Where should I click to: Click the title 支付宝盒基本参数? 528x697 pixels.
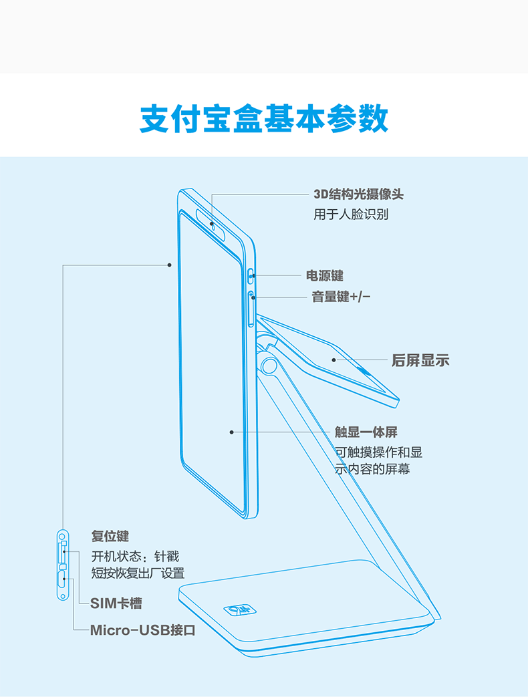coord(264,120)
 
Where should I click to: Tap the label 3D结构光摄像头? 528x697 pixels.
coord(359,194)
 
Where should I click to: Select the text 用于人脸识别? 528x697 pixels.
coord(351,215)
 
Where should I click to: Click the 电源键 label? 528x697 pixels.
coord(325,275)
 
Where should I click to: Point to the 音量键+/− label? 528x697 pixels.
coord(341,297)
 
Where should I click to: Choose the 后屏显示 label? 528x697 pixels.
coord(420,360)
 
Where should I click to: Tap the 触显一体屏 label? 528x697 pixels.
coord(366,432)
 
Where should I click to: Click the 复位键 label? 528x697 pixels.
coord(110,536)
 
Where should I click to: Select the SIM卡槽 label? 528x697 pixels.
coord(116,603)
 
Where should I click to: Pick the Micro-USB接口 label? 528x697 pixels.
coord(143,630)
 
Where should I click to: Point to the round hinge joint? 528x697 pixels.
coord(269,365)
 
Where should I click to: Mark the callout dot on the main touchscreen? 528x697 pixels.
coord(231,432)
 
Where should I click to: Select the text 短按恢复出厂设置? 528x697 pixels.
coord(138,573)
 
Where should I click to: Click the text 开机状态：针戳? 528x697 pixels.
coord(135,556)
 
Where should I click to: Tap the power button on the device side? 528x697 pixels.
coord(251,274)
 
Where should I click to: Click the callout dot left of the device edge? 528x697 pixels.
coord(170,265)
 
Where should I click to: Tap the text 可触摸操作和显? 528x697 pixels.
coord(378,452)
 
